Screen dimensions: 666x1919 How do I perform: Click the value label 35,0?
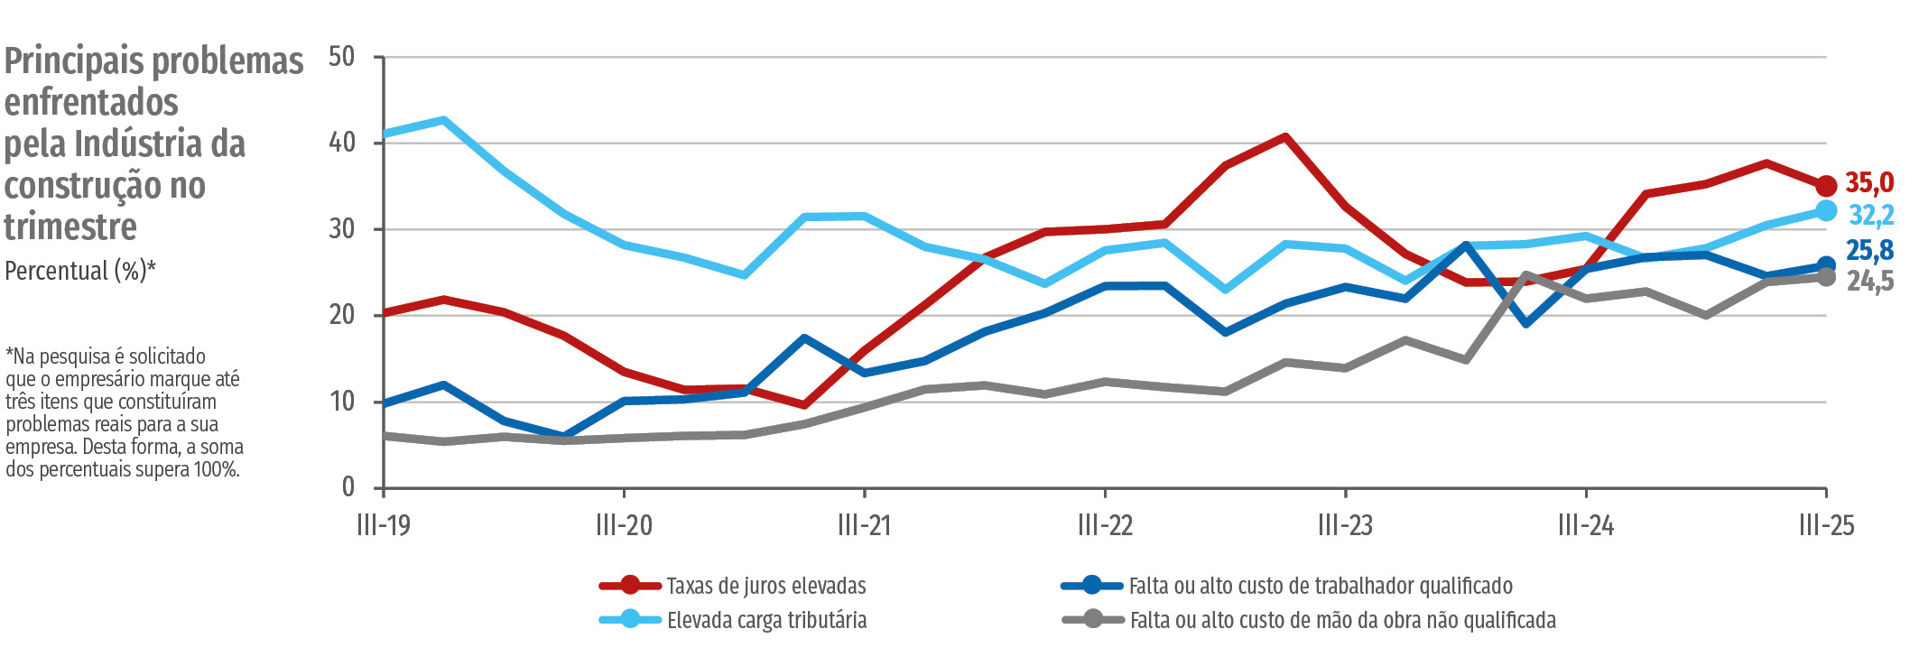click(x=1868, y=183)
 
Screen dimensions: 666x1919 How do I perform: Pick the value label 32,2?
click(x=1870, y=215)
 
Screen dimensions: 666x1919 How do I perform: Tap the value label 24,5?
click(x=1869, y=282)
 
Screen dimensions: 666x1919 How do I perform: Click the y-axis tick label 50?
click(x=341, y=57)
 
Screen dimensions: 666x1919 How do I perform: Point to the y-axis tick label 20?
click(x=341, y=315)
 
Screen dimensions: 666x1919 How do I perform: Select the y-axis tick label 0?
click(x=348, y=487)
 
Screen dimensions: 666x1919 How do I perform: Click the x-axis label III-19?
click(x=384, y=525)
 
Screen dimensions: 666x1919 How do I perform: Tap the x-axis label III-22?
click(x=1105, y=525)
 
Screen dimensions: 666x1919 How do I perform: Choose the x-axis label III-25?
click(x=1826, y=525)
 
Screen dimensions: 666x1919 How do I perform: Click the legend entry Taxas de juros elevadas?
click(x=765, y=586)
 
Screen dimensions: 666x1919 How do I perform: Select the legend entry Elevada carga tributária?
click(x=766, y=620)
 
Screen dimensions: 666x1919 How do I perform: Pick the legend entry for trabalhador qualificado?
click(x=1320, y=586)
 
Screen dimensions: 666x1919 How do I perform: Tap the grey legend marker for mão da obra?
click(x=1092, y=620)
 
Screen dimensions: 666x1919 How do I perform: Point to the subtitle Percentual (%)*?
click(x=80, y=271)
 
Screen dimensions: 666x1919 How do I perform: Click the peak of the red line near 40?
click(x=1284, y=137)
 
